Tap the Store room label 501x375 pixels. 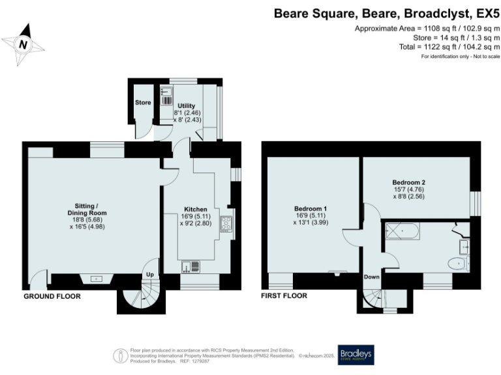[x=143, y=103]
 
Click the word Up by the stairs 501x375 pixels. [x=150, y=275]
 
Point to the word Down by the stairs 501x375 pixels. [x=371, y=277]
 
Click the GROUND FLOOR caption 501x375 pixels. [x=52, y=296]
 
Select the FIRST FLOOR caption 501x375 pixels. [x=284, y=296]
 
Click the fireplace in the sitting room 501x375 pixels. [x=96, y=279]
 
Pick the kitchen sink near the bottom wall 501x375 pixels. [x=189, y=266]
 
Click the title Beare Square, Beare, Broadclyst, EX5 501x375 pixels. [x=386, y=13]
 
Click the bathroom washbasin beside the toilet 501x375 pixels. [x=464, y=246]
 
